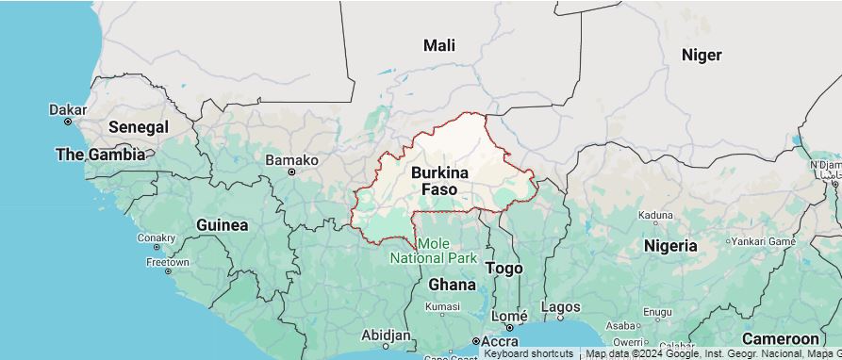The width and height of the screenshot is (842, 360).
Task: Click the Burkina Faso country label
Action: coord(439,181)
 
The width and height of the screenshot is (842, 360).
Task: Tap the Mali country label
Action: coord(439,45)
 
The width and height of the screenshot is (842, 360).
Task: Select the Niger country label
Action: coord(702,55)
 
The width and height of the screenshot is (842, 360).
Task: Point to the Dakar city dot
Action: coord(68,122)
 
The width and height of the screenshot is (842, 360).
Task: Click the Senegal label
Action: coord(138,126)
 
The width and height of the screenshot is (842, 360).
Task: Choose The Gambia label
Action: coord(100,154)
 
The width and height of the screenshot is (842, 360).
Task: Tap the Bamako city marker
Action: coord(291,172)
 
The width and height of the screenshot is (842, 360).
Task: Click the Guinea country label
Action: coord(223,225)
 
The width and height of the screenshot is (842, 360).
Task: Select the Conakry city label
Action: coord(157,237)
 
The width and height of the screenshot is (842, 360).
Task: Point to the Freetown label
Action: coord(167,262)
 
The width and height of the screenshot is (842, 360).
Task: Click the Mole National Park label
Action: coord(434,251)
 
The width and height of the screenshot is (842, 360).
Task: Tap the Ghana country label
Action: coord(452,284)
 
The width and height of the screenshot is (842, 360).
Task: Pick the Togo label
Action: coord(504,269)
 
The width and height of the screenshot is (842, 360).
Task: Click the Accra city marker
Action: coord(476,341)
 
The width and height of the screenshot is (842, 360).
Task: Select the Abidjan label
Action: coord(387,335)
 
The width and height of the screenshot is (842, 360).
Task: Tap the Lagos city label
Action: coord(561,306)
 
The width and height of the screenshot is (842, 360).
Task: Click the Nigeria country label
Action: coord(670,246)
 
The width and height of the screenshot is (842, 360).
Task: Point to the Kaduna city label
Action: coord(655,215)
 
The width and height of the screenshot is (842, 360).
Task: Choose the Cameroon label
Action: coord(780,338)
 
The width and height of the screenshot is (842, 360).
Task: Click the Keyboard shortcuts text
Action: coord(528,353)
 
